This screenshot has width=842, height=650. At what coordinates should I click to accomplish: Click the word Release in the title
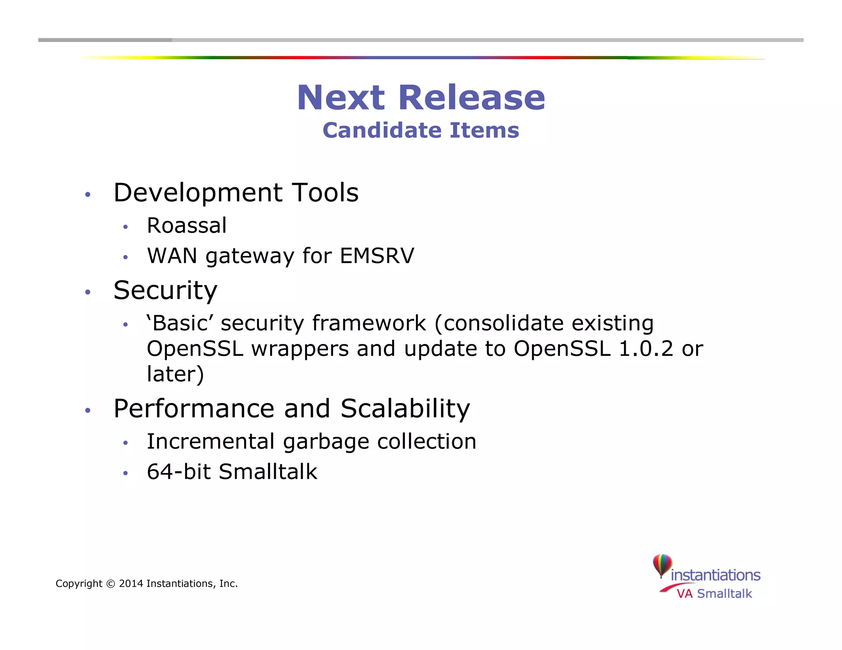471,98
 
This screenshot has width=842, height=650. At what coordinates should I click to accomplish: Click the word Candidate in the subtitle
382,131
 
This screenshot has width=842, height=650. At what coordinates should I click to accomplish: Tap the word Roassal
187,226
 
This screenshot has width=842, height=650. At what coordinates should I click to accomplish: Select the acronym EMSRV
377,256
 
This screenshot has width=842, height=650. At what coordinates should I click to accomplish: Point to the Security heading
165,290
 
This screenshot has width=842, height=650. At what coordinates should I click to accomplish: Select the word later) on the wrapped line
175,374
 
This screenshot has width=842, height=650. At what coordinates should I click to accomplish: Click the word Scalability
405,409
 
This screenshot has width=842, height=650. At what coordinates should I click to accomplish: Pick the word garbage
326,442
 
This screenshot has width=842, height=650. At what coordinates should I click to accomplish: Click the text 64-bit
179,472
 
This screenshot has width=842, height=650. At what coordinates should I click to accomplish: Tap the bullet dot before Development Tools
87,194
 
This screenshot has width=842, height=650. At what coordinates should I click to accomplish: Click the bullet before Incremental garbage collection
125,443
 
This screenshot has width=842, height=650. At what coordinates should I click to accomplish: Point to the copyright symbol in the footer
111,584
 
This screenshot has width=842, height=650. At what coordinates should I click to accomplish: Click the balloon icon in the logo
662,565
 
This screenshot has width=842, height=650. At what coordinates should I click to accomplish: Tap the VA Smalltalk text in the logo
715,594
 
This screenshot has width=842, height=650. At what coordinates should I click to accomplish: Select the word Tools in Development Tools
325,193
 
